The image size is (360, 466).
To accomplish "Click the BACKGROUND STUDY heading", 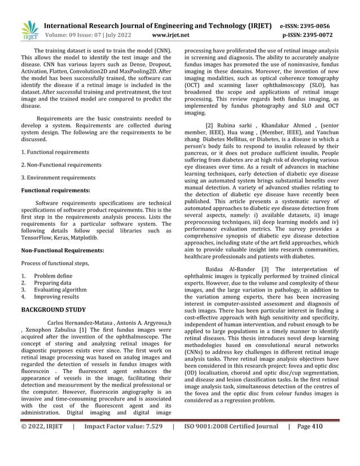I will (x=53, y=310).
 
